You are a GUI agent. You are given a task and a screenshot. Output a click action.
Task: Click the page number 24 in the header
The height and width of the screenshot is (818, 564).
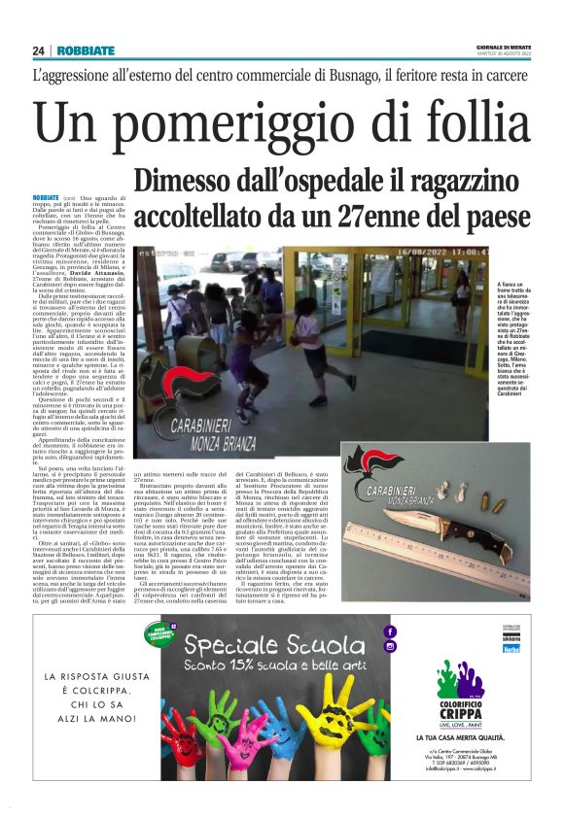(38, 51)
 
